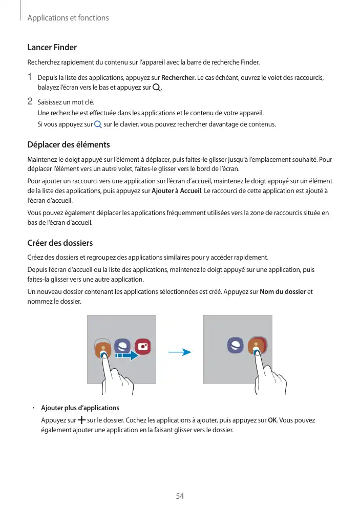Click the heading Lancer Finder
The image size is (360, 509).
[52, 48]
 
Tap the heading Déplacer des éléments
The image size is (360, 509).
[68, 145]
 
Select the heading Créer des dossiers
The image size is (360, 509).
[59, 242]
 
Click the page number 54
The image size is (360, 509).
[180, 496]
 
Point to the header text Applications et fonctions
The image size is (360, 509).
[68, 18]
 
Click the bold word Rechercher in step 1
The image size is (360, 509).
[178, 78]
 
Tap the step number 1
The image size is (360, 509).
[30, 77]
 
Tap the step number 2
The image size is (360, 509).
[30, 101]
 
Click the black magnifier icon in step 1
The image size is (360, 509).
[156, 88]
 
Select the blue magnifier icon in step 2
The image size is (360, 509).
[98, 124]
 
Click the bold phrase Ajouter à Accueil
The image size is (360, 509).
[177, 191]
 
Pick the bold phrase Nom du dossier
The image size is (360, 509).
[283, 292]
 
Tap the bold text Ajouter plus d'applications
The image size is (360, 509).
[80, 408]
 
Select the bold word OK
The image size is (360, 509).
[272, 420]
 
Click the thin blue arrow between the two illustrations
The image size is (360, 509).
[179, 352]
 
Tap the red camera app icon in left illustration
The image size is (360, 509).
[142, 347]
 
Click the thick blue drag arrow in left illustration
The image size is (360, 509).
[127, 354]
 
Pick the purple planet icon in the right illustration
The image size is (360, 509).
[236, 346]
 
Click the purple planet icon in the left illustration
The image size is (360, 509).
[122, 345]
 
